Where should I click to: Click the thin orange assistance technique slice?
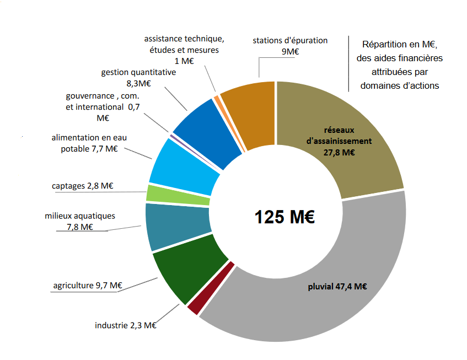tap(217, 101)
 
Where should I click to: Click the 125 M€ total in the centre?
tap(285, 217)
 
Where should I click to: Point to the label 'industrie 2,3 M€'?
tap(126, 326)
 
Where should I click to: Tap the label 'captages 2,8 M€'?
tap(82, 186)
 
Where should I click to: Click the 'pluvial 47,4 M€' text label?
tap(337, 286)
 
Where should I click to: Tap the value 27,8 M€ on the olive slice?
tap(339, 153)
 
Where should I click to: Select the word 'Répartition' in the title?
tap(384, 44)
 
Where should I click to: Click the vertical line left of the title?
tap(348, 63)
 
